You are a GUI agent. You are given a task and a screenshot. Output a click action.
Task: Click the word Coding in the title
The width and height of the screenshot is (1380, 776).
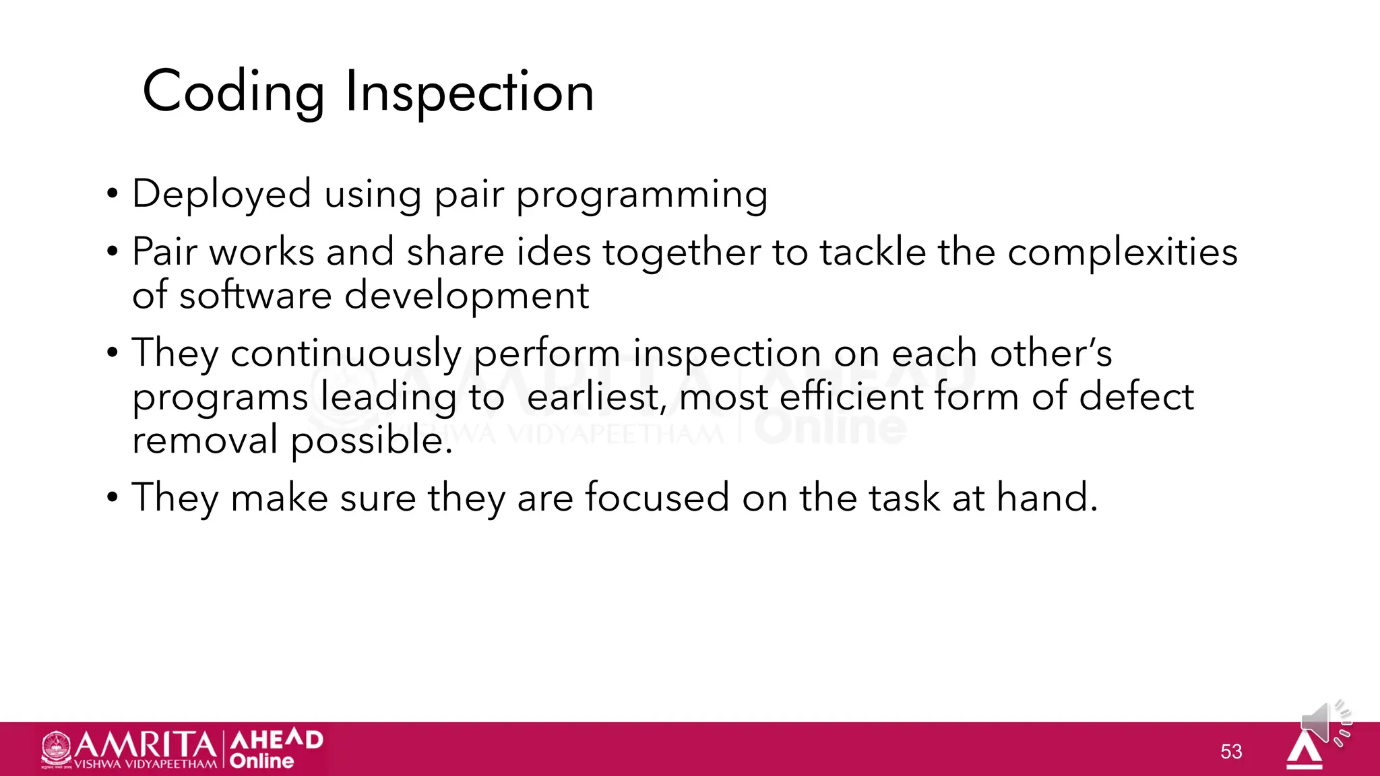(233, 92)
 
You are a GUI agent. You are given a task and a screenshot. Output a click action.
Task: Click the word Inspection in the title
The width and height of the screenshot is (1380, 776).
(470, 92)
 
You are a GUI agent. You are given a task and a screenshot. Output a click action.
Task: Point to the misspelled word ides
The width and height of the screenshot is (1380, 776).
(553, 253)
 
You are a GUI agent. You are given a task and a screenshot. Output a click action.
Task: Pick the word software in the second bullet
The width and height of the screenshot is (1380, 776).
(255, 296)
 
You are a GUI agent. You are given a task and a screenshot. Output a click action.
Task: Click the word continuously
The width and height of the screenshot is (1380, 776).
(346, 354)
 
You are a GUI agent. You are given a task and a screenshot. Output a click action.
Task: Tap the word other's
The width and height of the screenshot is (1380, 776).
(1050, 354)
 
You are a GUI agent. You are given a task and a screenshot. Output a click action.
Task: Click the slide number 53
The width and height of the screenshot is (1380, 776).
(1231, 752)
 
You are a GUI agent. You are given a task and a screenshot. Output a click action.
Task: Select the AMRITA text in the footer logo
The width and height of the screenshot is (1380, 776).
(144, 745)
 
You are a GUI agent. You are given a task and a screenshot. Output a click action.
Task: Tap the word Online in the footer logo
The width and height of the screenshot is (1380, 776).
(261, 761)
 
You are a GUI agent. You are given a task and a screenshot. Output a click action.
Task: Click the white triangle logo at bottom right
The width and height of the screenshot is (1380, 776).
(1305, 752)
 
